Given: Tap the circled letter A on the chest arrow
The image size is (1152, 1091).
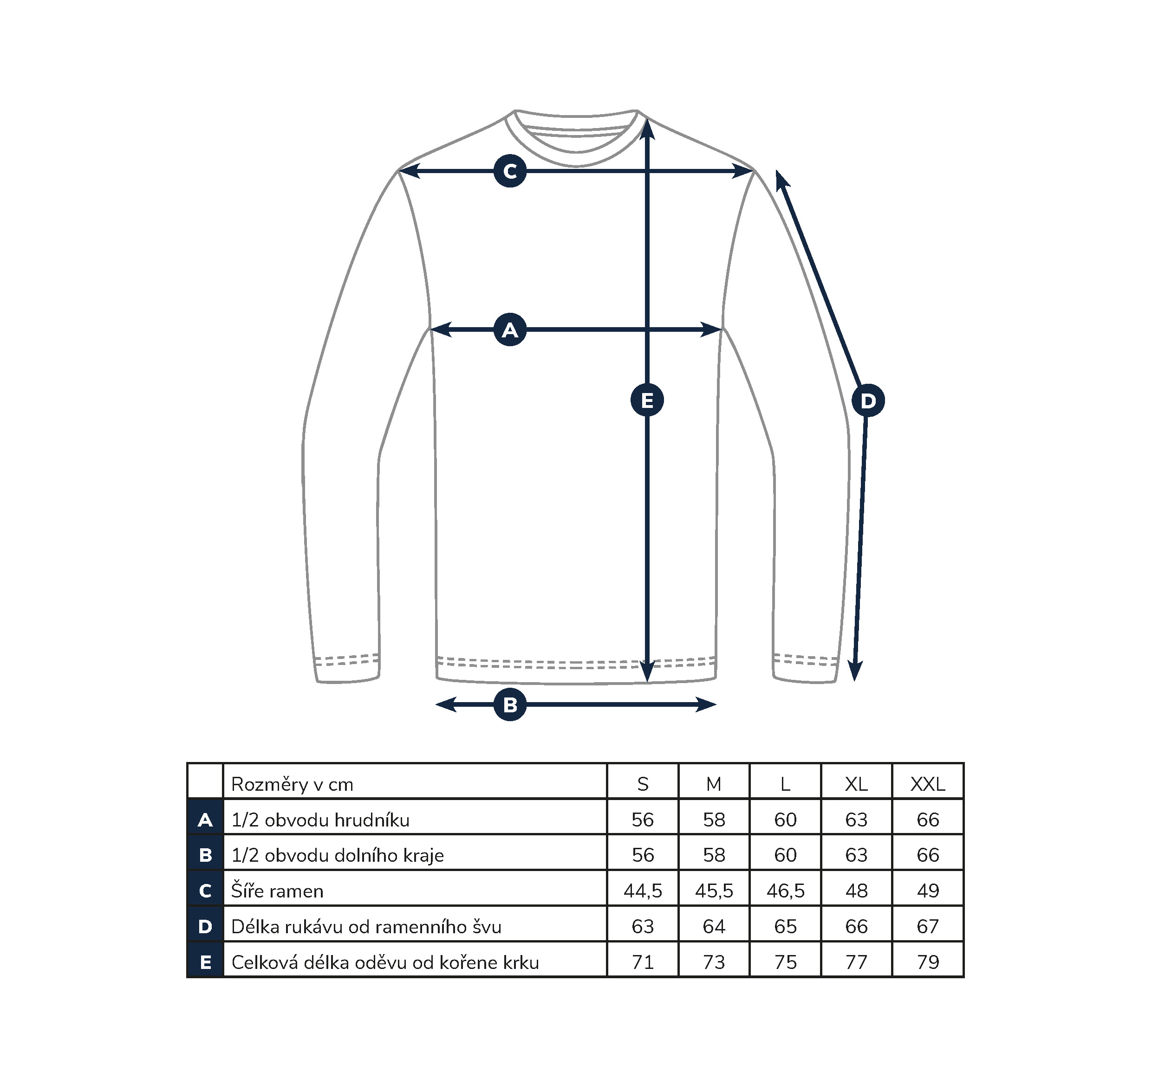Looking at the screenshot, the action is pos(510,330).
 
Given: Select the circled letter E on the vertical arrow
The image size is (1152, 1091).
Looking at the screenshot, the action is pos(647,400).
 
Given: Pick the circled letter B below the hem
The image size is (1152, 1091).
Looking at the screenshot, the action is pos(510,704).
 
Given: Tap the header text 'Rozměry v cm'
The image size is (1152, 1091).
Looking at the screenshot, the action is pos(292,784).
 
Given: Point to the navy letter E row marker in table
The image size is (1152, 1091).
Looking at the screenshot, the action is pos(205,962).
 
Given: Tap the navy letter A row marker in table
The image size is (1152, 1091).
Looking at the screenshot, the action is pos(205,820).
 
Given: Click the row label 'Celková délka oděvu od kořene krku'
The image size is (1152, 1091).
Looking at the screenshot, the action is pos(385,962).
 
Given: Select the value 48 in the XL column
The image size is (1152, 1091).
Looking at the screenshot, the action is pos(856,891).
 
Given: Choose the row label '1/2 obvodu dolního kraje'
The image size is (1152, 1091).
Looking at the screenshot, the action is pos(338,855).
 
